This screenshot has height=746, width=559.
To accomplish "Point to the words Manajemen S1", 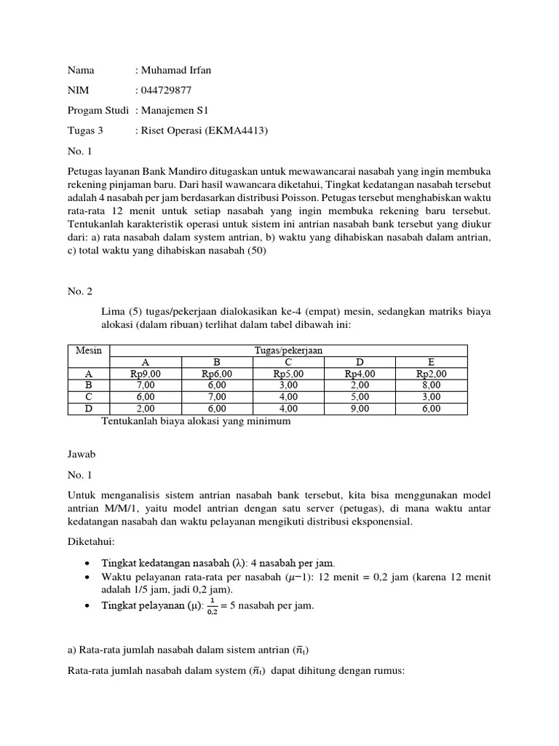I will pyautogui.click(x=175, y=111).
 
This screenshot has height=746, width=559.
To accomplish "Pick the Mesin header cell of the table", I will pyautogui.click(x=89, y=350).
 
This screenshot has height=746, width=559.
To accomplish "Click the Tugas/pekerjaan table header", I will pyautogui.click(x=288, y=350).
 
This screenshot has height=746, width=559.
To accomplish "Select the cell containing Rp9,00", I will pyautogui.click(x=146, y=374).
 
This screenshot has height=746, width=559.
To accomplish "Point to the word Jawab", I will pyautogui.click(x=82, y=453).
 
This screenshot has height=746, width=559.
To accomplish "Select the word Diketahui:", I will pyautogui.click(x=91, y=542).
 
